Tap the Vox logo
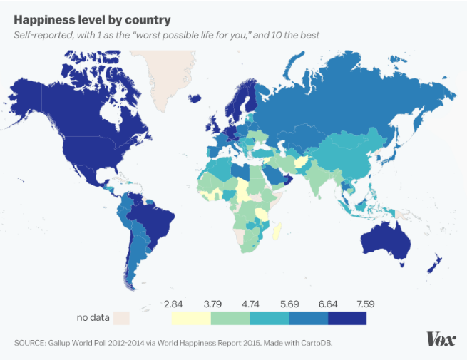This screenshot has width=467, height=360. pyautogui.click(x=441, y=339)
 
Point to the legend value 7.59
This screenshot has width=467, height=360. pyautogui.click(x=366, y=304)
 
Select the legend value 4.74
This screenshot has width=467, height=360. pyautogui.click(x=251, y=304)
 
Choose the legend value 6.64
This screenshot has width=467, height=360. pyautogui.click(x=327, y=304)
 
